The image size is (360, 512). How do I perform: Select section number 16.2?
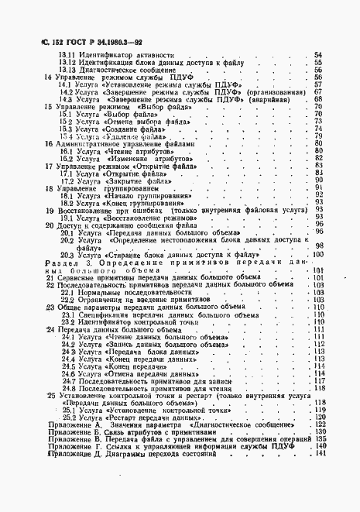tap(69, 159)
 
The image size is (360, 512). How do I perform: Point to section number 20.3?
tap(67, 255)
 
